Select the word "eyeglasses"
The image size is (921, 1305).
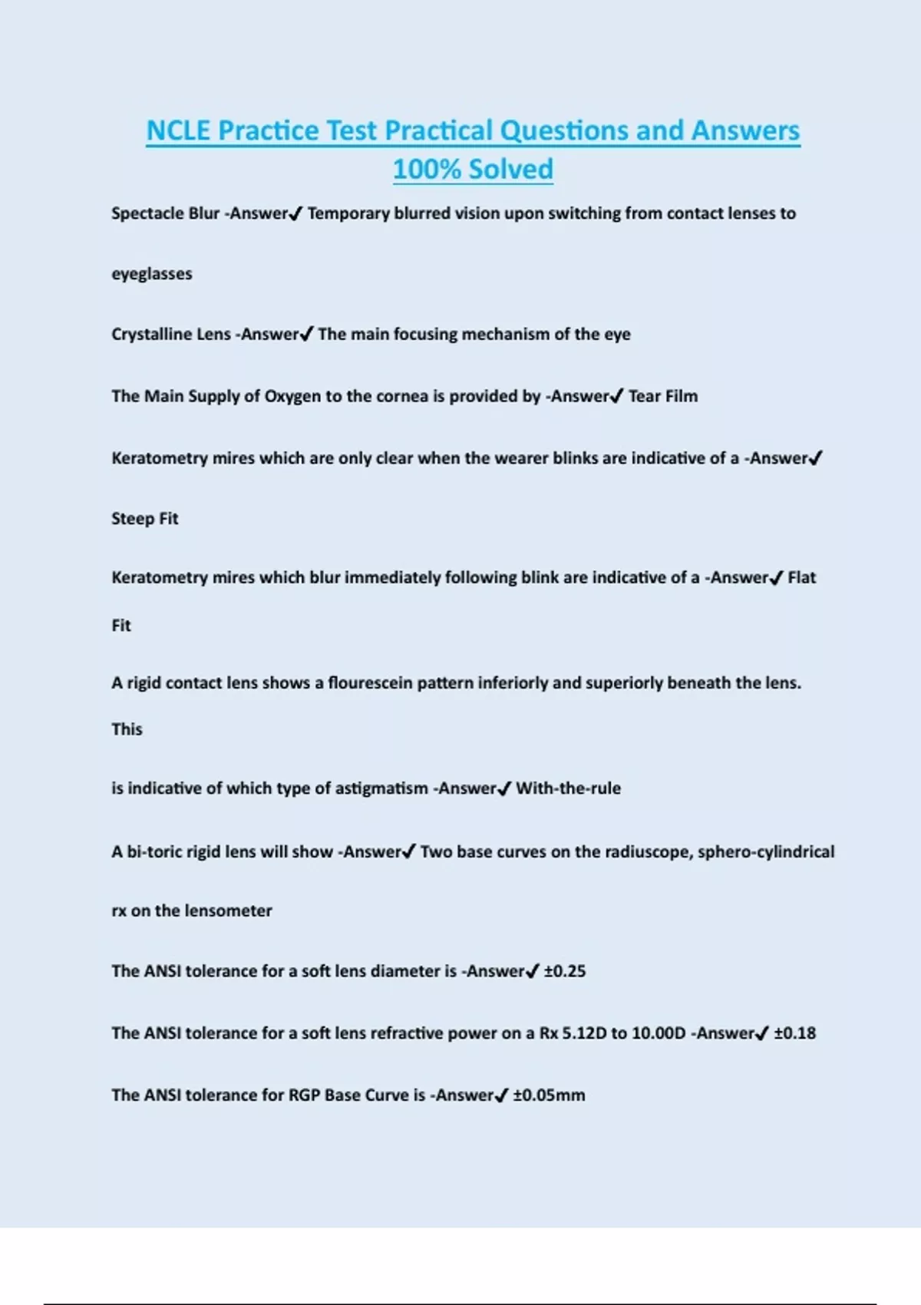(152, 274)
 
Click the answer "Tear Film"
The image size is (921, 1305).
(663, 396)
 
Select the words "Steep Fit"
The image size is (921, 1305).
(144, 519)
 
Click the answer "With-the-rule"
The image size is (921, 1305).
(568, 788)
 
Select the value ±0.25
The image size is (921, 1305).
(565, 971)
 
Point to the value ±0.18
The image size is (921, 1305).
(794, 1033)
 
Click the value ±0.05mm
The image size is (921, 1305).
(549, 1095)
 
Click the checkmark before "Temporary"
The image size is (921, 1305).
(295, 214)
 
